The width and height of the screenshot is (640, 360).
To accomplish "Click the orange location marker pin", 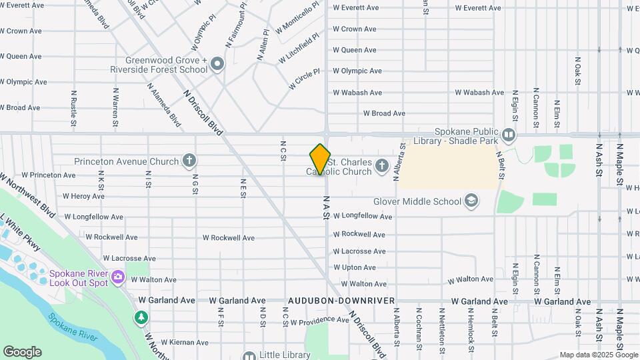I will coord(320,159).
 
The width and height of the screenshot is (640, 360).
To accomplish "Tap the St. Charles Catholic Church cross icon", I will coord(382,165).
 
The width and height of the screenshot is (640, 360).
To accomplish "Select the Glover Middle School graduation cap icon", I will coord(471,201).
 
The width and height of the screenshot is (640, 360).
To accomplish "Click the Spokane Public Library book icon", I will coord(509,135).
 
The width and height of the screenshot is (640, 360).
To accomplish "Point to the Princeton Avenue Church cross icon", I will coord(189,161).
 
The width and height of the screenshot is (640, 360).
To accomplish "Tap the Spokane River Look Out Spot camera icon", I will coord(118,276).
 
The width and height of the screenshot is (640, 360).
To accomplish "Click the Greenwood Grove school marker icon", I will coord(217,65).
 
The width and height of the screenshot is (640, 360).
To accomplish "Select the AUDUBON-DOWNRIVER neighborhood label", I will coord(341,301).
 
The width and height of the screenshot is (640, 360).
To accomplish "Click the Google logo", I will coord(22,352).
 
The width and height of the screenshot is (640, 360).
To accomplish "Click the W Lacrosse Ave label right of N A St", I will coord(359,251).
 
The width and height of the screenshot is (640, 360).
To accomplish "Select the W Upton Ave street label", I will coord(355,267).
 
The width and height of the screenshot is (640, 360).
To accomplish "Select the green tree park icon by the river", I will coord(141,317).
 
